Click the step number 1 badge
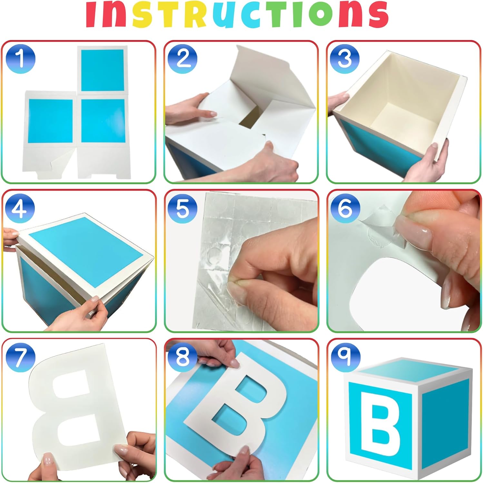pos(20,59)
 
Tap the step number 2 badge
pos(183,59)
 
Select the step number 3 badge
pos(345,59)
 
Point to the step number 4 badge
pos(20,208)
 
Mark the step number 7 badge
pos(20,357)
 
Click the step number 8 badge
pos(183,357)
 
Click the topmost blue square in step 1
pos(102,70)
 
